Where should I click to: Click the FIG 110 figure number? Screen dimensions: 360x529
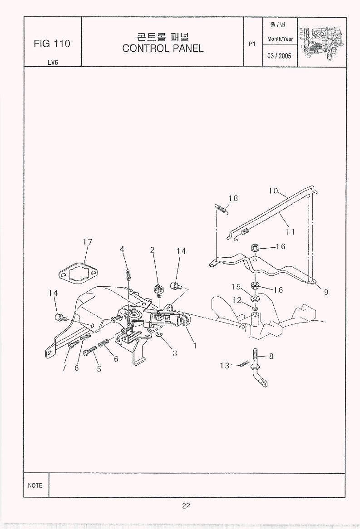coord(52,44)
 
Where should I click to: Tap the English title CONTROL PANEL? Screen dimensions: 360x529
coord(163,48)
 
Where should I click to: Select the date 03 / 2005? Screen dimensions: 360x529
coord(279,56)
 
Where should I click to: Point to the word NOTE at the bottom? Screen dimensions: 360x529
coord(35,485)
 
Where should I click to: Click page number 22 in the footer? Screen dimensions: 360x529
coord(186,505)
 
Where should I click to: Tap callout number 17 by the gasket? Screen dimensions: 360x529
coord(88,242)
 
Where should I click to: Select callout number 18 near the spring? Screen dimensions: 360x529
coord(233,198)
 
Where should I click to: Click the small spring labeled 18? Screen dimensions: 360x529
coord(222,210)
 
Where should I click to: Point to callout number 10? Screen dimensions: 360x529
coord(273,191)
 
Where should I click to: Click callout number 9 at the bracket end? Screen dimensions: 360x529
coord(326,292)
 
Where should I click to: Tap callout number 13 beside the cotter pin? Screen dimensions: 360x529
coord(225,365)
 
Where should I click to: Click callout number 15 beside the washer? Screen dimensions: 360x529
coord(236,287)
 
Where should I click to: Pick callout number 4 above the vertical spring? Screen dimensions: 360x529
coord(122,249)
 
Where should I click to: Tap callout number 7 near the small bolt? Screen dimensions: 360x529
coord(64,367)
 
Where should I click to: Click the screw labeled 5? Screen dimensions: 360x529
coord(90,351)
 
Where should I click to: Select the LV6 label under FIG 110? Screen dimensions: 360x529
coord(53,63)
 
